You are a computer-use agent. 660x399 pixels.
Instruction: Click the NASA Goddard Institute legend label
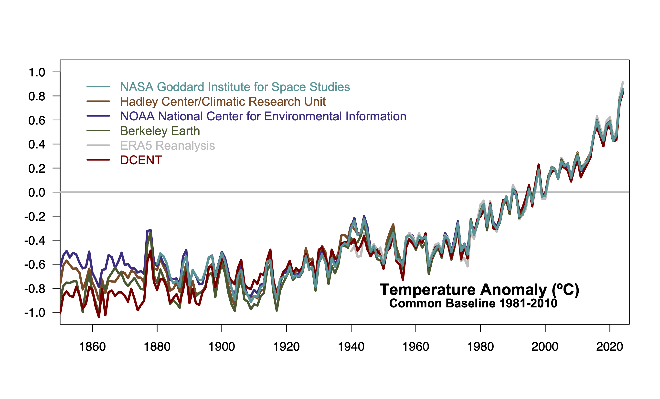pyautogui.click(x=235, y=87)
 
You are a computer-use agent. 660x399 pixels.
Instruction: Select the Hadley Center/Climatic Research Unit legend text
pyautogui.click(x=223, y=102)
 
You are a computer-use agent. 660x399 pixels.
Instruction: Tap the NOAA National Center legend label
pyautogui.click(x=263, y=116)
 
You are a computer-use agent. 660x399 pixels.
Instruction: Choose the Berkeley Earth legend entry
pyautogui.click(x=160, y=131)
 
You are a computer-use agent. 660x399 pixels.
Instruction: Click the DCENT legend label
pyautogui.click(x=141, y=160)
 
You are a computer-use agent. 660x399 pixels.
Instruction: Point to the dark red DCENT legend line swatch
pyautogui.click(x=98, y=160)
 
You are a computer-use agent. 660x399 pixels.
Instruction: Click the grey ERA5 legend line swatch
pyautogui.click(x=98, y=145)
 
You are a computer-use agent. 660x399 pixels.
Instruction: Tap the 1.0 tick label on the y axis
pyautogui.click(x=37, y=73)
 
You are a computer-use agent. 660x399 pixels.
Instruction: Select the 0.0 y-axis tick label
pyautogui.click(x=37, y=192)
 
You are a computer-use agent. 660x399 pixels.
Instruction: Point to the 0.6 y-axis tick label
pyautogui.click(x=37, y=120)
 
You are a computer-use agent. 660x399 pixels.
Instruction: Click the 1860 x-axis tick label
pyautogui.click(x=92, y=347)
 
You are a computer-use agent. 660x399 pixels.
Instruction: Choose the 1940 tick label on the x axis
pyautogui.click(x=351, y=347)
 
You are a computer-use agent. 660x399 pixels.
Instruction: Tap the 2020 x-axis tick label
pyautogui.click(x=609, y=347)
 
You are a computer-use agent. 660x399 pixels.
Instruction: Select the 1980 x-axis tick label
pyautogui.click(x=480, y=347)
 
